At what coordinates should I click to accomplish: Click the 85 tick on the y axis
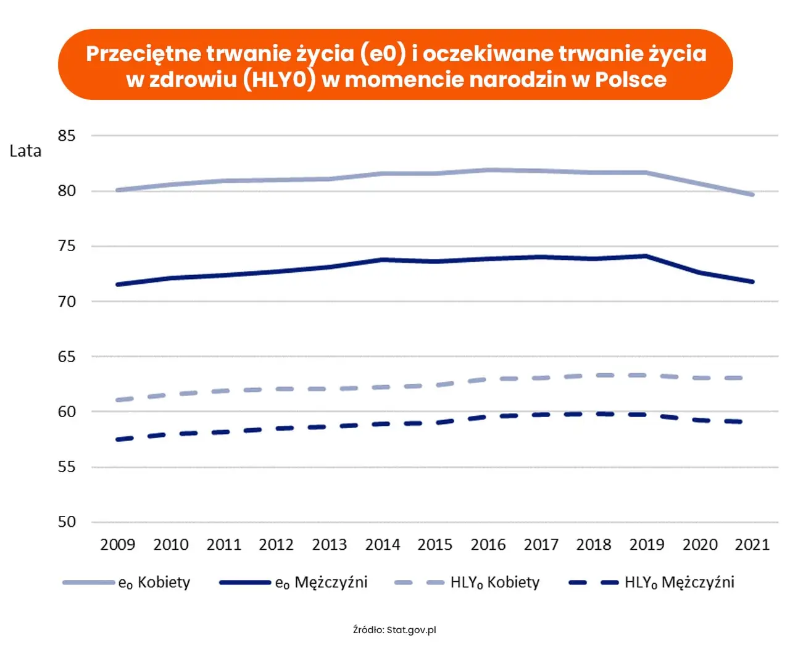67,136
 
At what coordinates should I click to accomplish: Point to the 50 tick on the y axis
67,522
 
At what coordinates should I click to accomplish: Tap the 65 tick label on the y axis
67,357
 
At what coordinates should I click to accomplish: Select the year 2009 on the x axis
117,545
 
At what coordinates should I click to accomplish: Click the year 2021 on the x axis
752,545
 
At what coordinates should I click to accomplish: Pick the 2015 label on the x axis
434,545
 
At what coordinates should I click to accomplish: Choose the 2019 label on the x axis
646,545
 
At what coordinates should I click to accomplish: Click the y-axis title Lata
25,151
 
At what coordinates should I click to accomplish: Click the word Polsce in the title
630,80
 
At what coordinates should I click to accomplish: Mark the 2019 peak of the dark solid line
646,255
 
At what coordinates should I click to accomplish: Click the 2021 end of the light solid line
752,194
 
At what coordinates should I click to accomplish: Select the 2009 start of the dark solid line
118,284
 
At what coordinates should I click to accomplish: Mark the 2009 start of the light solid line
118,190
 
